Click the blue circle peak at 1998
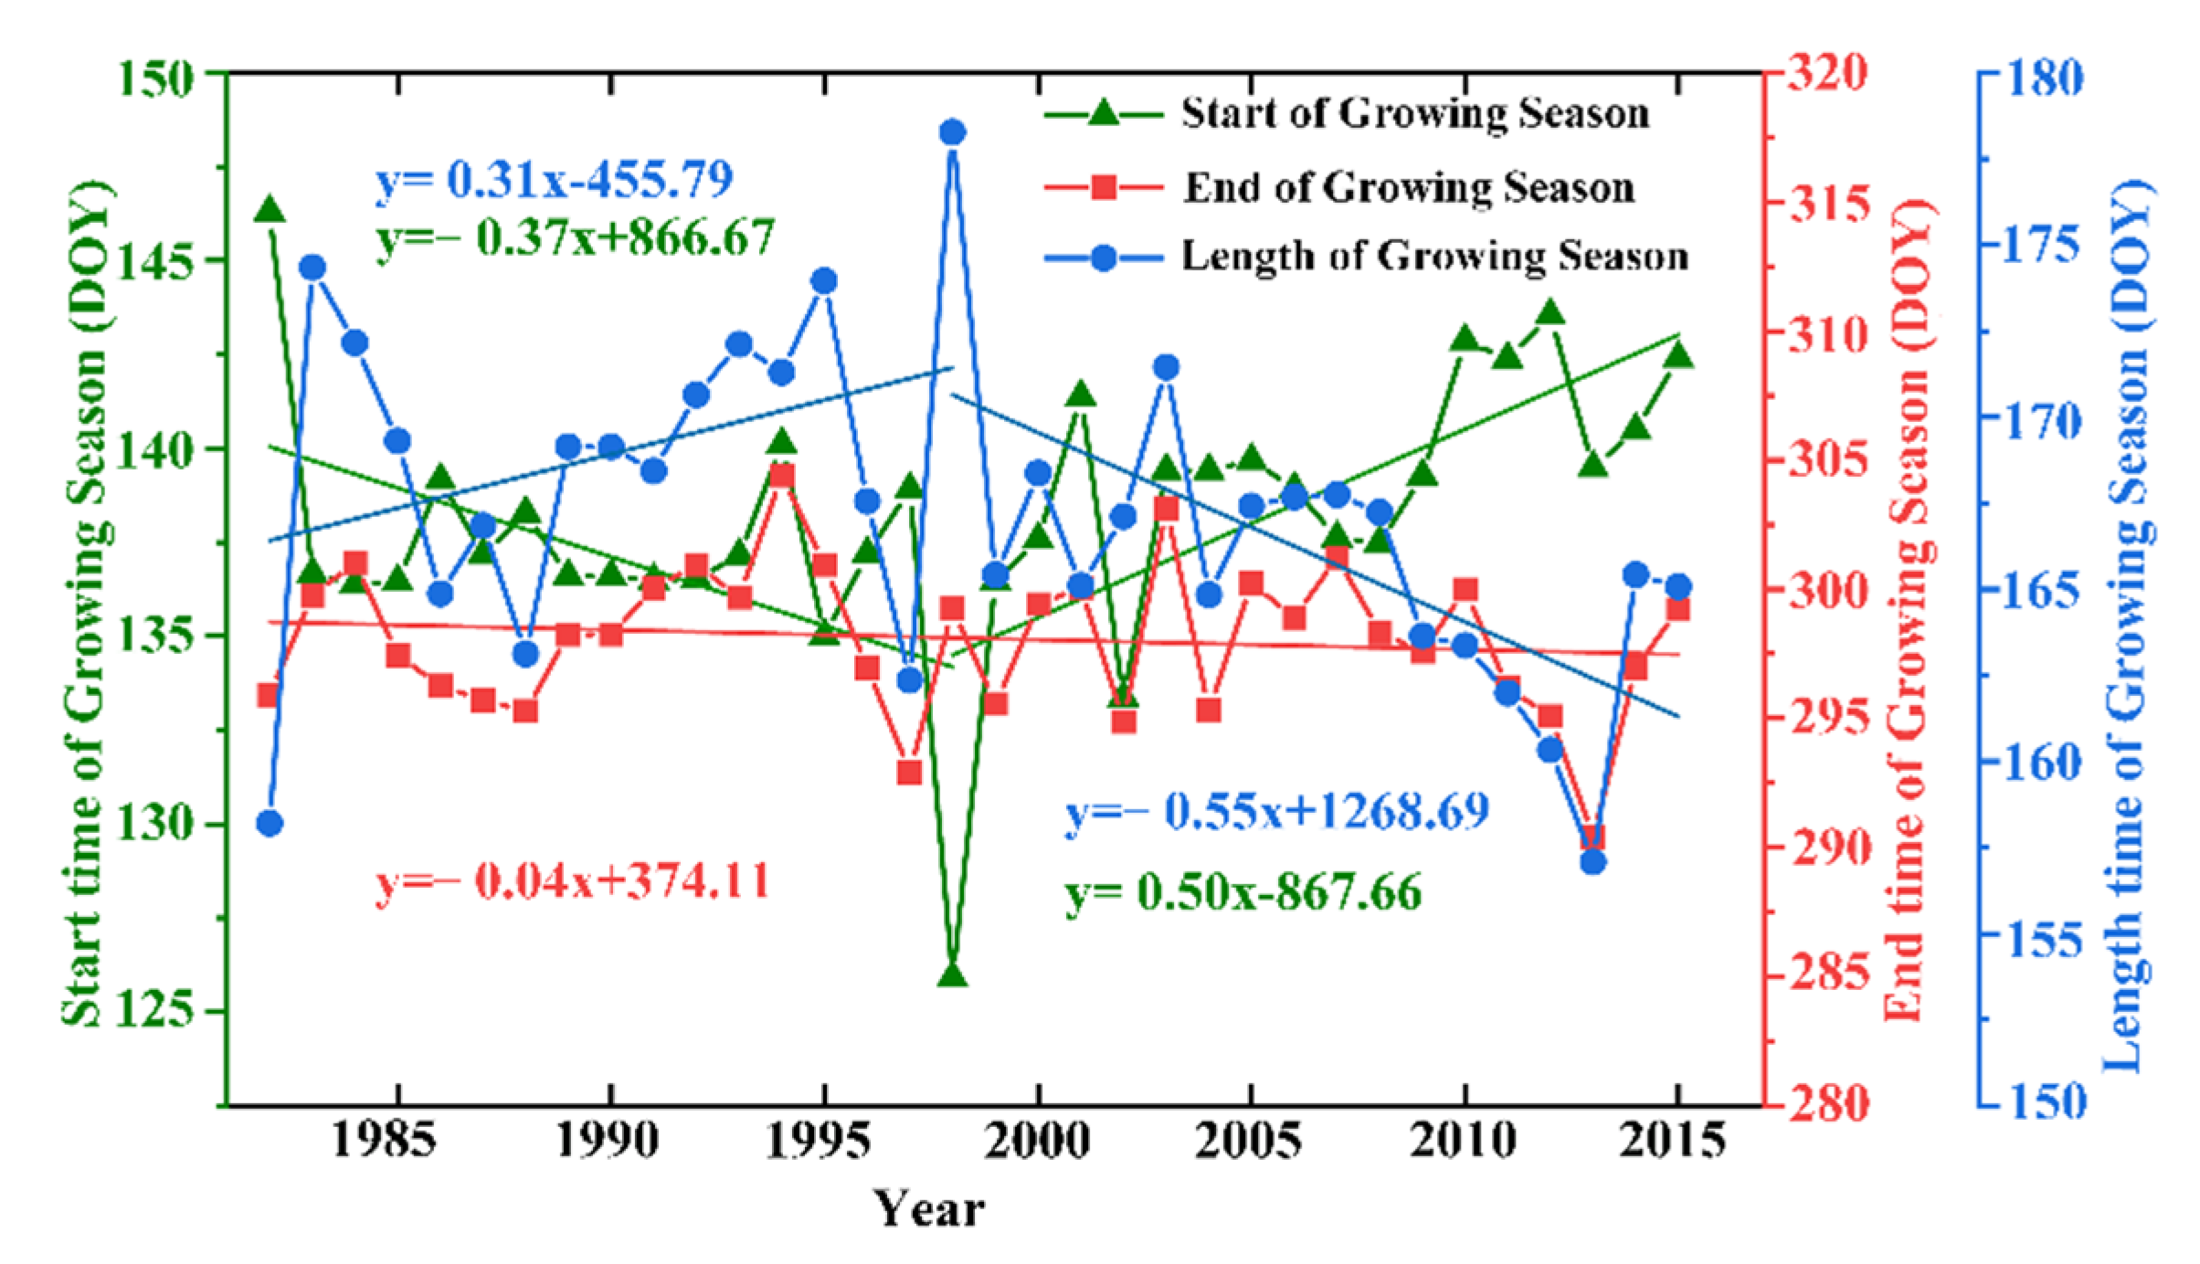(952, 132)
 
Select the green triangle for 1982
(270, 210)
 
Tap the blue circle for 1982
(270, 824)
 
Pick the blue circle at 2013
(1593, 861)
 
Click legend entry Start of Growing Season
(1414, 114)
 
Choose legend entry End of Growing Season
(1409, 187)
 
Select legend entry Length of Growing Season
(1434, 257)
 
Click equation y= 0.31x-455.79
(554, 180)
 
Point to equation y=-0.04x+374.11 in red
(572, 882)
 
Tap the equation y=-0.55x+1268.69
(1276, 811)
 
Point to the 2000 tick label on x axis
(1037, 1142)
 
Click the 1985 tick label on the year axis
(383, 1142)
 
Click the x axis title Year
(928, 1209)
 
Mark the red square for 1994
(782, 476)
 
